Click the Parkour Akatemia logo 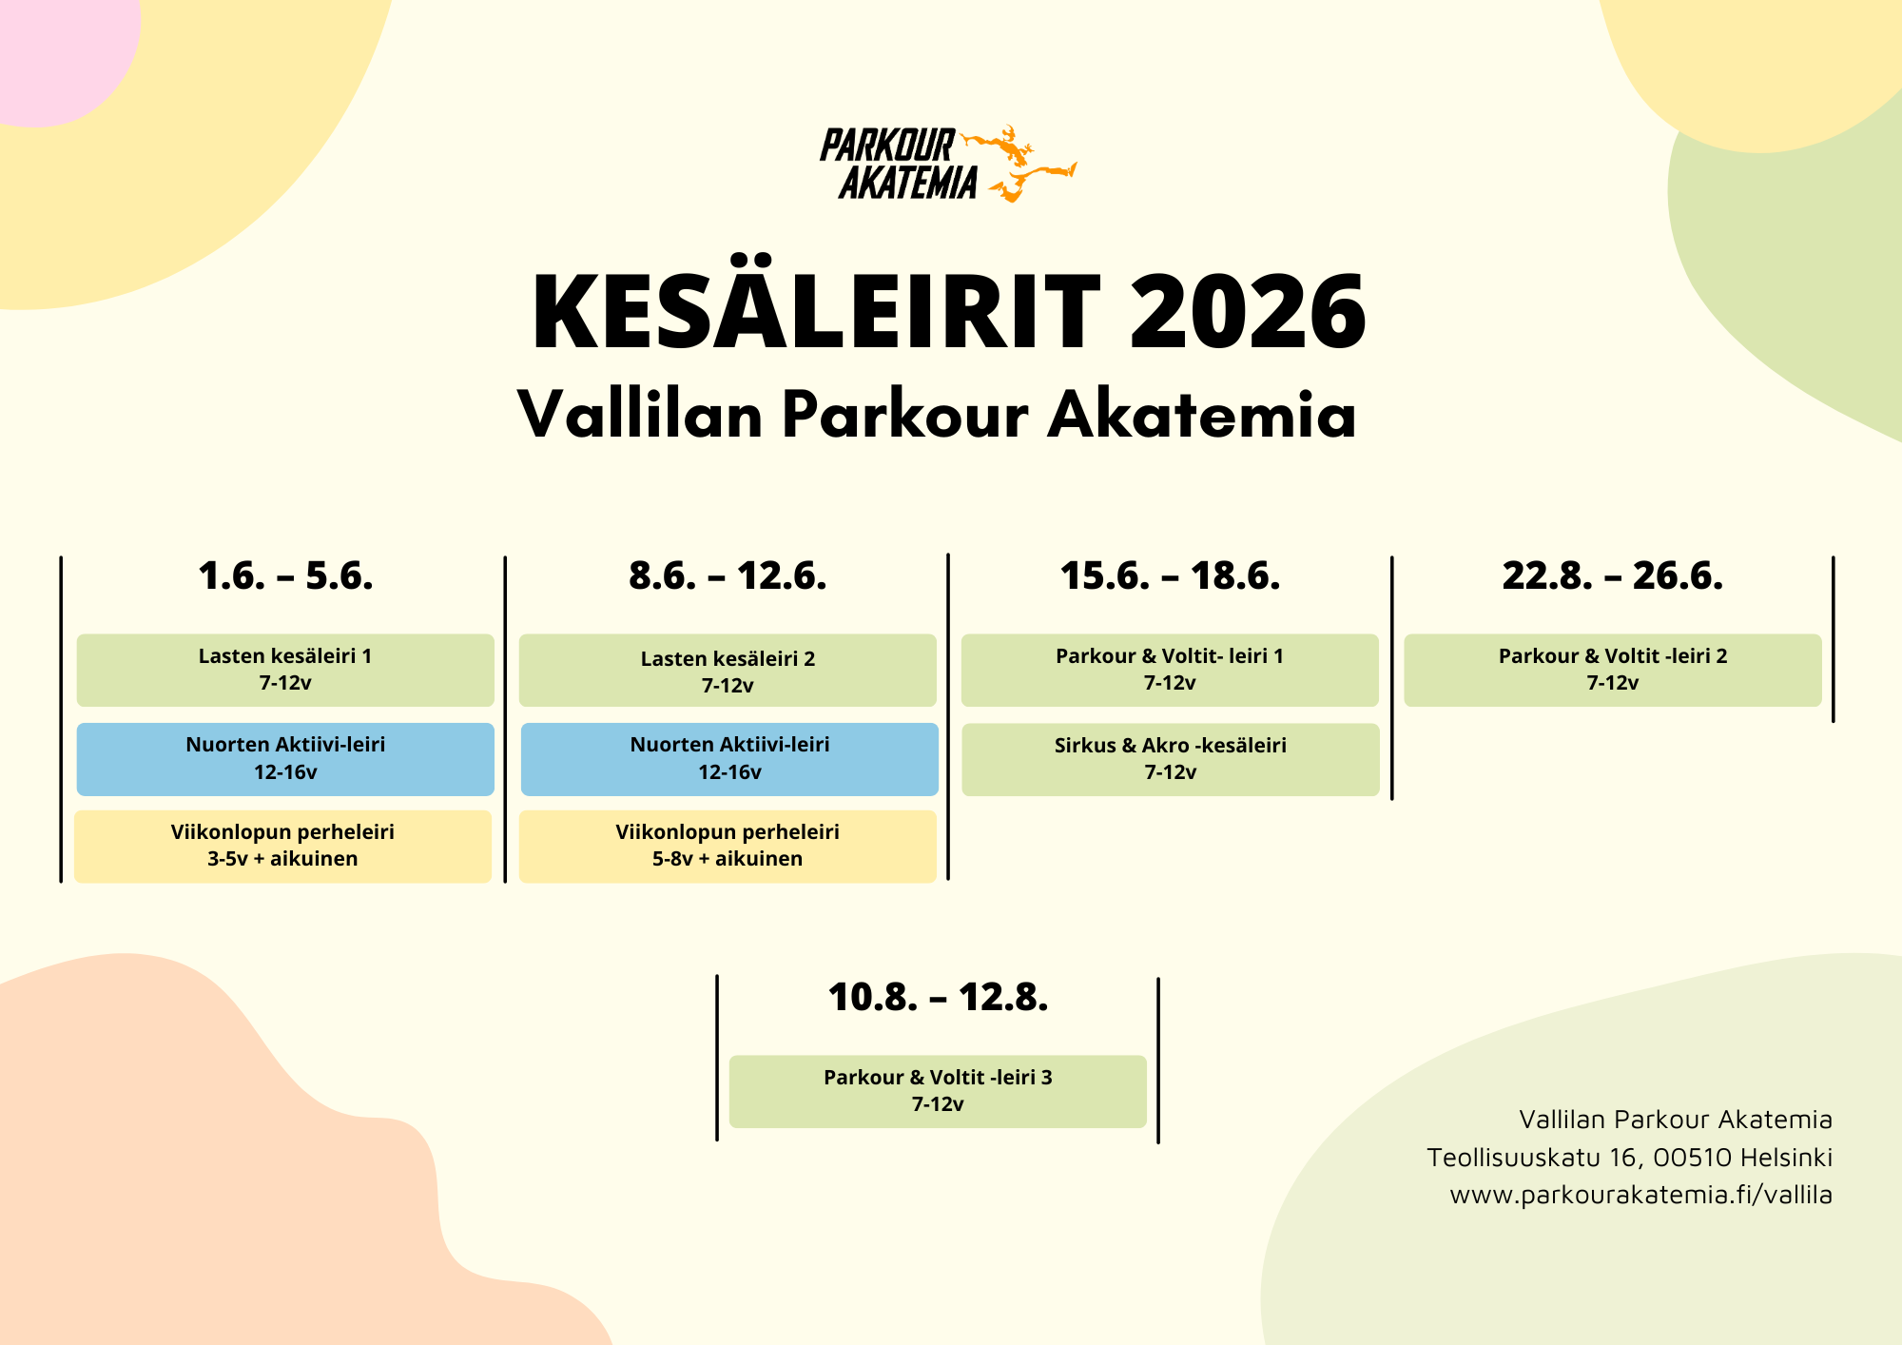(947, 164)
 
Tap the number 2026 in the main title (1248, 312)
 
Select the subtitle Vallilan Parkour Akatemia (937, 415)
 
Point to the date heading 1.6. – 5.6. (285, 575)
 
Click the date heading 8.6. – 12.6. (728, 575)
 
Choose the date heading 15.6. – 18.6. (1170, 575)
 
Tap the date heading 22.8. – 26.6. (1613, 575)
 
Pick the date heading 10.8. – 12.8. (938, 997)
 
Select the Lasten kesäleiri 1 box (285, 670)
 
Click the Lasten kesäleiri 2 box (728, 670)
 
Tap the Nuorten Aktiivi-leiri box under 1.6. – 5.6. (285, 759)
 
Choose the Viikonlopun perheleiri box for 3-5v (282, 847)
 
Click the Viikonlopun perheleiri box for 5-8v (728, 847)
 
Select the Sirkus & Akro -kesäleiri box (1171, 759)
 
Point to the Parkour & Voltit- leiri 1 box (1170, 670)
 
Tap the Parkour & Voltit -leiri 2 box (1613, 670)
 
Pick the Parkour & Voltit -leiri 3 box (938, 1091)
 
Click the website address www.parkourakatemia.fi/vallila (1640, 1195)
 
